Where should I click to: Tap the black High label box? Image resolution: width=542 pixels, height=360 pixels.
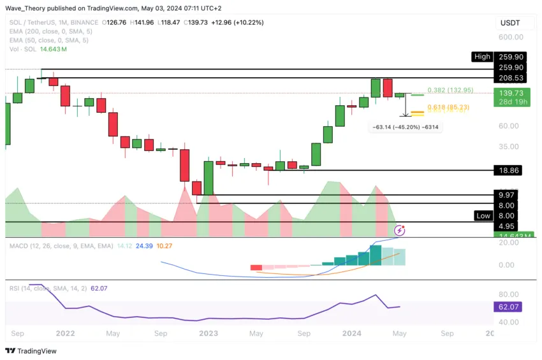(482, 57)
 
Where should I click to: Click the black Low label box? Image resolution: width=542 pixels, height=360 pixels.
(483, 215)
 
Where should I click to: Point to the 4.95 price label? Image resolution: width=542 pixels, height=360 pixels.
(508, 226)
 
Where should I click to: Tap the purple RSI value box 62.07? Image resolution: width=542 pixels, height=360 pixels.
(508, 306)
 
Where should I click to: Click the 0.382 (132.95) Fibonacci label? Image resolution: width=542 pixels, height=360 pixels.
(450, 90)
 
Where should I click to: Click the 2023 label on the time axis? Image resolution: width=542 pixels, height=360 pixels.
(209, 333)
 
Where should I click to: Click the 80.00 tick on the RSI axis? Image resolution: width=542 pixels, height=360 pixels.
(508, 294)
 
